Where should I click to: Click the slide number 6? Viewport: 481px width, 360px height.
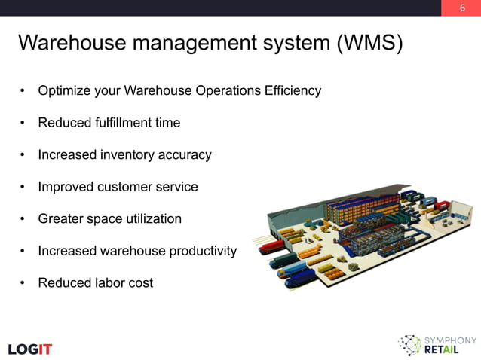click(461, 8)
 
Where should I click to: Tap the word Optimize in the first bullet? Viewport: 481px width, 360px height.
click(64, 91)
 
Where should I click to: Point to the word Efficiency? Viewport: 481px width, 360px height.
click(293, 91)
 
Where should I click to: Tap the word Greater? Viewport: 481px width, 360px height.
click(62, 219)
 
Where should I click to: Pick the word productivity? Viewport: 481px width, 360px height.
click(201, 251)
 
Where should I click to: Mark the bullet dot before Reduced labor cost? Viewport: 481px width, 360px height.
click(24, 284)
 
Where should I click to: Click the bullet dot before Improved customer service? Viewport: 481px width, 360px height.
click(24, 188)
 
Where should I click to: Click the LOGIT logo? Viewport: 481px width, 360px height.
click(30, 349)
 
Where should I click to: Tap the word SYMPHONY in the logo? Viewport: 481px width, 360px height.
click(452, 340)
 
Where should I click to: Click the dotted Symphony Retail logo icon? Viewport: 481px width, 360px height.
click(410, 345)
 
